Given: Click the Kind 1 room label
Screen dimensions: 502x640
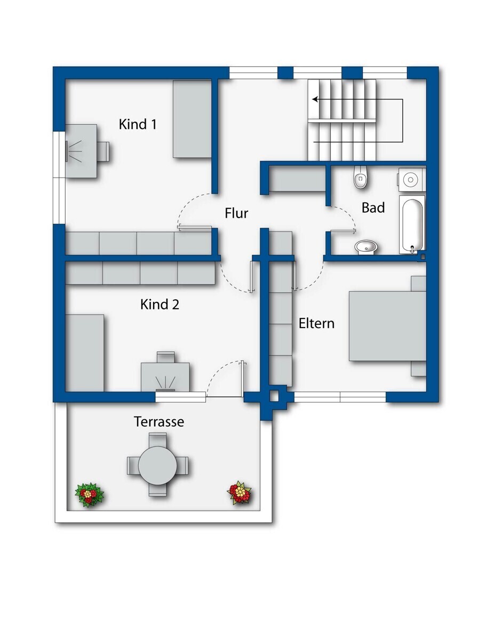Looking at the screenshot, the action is [x=138, y=124].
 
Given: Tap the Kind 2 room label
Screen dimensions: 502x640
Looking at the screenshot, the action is [x=160, y=304].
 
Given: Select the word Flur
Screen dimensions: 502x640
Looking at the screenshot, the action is [x=236, y=213].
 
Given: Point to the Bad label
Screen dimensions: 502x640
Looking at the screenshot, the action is [x=373, y=207].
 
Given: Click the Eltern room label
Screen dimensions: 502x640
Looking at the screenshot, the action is [x=316, y=323].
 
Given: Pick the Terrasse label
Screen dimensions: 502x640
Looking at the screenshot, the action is [x=159, y=421].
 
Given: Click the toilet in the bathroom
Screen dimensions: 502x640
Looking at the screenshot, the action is [x=361, y=177].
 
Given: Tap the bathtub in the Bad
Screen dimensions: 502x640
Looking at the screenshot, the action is [x=412, y=224].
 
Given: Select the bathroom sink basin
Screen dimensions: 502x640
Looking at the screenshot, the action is [x=366, y=246].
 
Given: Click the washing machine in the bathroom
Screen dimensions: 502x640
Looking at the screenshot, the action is [x=412, y=180].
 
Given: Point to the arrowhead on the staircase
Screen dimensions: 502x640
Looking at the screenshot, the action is [x=315, y=100].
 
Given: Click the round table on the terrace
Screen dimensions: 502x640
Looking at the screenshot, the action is [x=157, y=466].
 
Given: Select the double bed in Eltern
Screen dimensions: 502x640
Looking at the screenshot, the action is [x=387, y=326].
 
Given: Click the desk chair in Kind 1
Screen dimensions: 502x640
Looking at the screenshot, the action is [x=104, y=151].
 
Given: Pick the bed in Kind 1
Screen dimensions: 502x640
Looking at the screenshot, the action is [x=192, y=119].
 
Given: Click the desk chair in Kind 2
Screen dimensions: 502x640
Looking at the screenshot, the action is [x=165, y=357].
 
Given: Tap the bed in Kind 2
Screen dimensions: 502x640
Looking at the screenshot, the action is [x=84, y=353].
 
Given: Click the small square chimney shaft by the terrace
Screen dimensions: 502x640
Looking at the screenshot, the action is [x=274, y=397].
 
